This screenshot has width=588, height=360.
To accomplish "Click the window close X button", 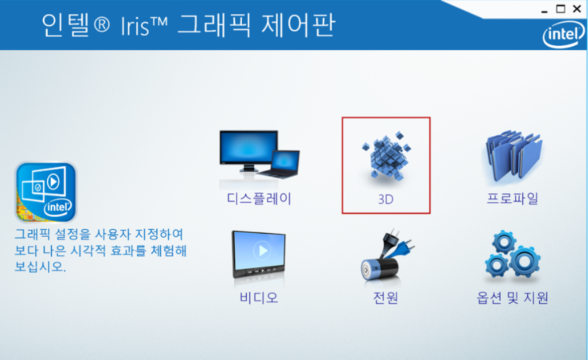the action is (577, 8).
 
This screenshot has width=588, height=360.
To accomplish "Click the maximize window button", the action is (561, 8).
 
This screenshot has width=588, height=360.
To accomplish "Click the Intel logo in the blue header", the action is (563, 34).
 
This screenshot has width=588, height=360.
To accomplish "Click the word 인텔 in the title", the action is (65, 25).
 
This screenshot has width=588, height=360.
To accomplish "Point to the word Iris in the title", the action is (135, 26).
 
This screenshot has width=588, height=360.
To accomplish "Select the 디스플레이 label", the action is (259, 198).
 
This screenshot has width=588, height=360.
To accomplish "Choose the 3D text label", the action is (386, 199).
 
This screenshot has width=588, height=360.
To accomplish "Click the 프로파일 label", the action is (512, 198).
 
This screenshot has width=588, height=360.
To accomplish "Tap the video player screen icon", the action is (259, 255).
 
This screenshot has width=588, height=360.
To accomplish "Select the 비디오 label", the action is (259, 298).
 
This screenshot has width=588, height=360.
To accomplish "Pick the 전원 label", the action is (386, 298).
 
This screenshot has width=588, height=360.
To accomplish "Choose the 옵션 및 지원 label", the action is (512, 298).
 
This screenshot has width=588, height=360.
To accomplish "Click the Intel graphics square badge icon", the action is (46, 192).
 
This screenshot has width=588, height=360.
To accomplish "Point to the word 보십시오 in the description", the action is (40, 267).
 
